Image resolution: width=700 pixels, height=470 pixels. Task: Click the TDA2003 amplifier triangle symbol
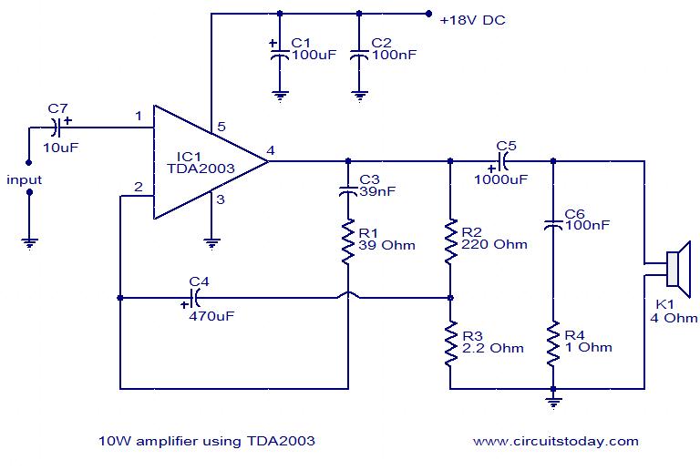pyautogui.click(x=205, y=162)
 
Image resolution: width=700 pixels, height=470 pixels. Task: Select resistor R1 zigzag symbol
pyautogui.click(x=348, y=240)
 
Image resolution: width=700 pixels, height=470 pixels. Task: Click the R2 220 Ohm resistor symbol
pyautogui.click(x=450, y=240)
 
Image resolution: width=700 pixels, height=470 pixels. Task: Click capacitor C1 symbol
pyautogui.click(x=280, y=55)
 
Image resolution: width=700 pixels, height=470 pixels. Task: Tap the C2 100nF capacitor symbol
pyautogui.click(x=360, y=55)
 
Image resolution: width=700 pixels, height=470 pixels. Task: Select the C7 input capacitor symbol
pyautogui.click(x=58, y=128)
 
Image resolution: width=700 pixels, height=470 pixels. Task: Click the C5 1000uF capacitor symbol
pyautogui.click(x=500, y=162)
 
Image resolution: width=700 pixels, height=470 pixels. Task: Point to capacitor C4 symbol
pyautogui.click(x=195, y=297)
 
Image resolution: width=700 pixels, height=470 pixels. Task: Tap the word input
pyautogui.click(x=25, y=179)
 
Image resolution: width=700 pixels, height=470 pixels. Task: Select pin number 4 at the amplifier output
pyautogui.click(x=272, y=150)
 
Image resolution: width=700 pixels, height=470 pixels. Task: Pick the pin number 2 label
pyautogui.click(x=138, y=187)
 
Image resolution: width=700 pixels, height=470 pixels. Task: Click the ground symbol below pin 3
pyautogui.click(x=211, y=242)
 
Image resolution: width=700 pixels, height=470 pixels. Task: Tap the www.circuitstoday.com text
pyautogui.click(x=555, y=441)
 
